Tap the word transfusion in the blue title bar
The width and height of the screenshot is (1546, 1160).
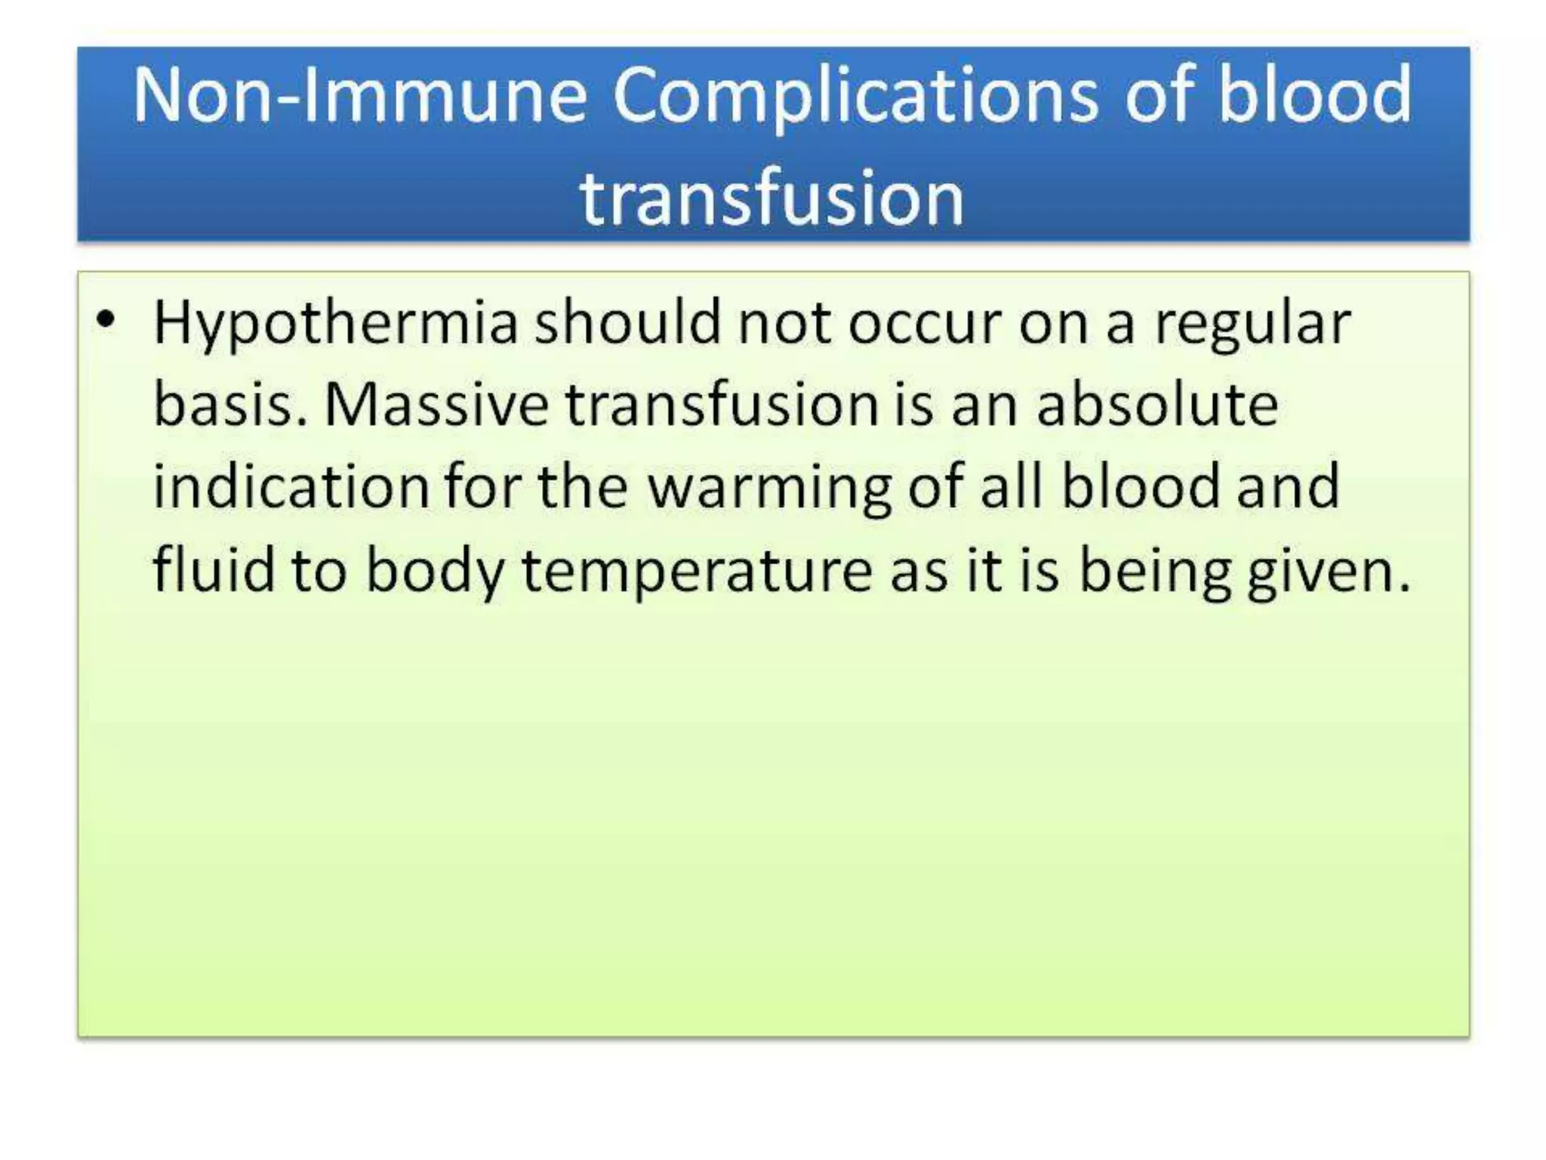(x=771, y=198)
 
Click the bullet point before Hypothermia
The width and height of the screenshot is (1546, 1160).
(x=106, y=320)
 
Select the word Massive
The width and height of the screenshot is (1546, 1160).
(x=436, y=405)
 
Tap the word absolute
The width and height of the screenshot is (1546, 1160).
(x=1157, y=405)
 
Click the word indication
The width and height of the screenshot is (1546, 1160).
(x=291, y=487)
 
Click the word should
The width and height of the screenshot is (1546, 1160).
(x=627, y=322)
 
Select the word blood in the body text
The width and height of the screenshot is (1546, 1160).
(x=1140, y=487)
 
